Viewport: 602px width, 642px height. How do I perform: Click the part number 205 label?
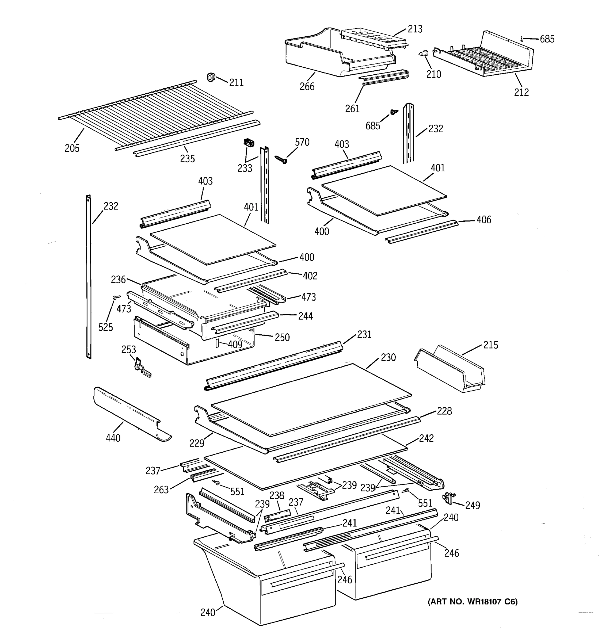pyautogui.click(x=72, y=148)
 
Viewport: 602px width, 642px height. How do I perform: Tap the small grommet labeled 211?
pyautogui.click(x=211, y=77)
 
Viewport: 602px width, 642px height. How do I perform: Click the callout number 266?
pyautogui.click(x=307, y=86)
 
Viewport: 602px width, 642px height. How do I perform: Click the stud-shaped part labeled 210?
pyautogui.click(x=423, y=54)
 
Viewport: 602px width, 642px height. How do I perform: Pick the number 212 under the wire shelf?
pyautogui.click(x=521, y=92)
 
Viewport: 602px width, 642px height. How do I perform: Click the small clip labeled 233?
pyautogui.click(x=248, y=142)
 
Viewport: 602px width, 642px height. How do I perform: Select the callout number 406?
pyautogui.click(x=483, y=220)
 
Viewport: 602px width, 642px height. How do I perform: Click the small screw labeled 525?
pyautogui.click(x=116, y=296)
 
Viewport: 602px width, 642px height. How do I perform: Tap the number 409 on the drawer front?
pyautogui.click(x=235, y=345)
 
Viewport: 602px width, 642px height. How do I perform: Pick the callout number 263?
pyautogui.click(x=161, y=490)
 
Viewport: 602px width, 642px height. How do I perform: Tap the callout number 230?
pyautogui.click(x=388, y=357)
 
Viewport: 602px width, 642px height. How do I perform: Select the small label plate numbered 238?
pyautogui.click(x=277, y=516)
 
